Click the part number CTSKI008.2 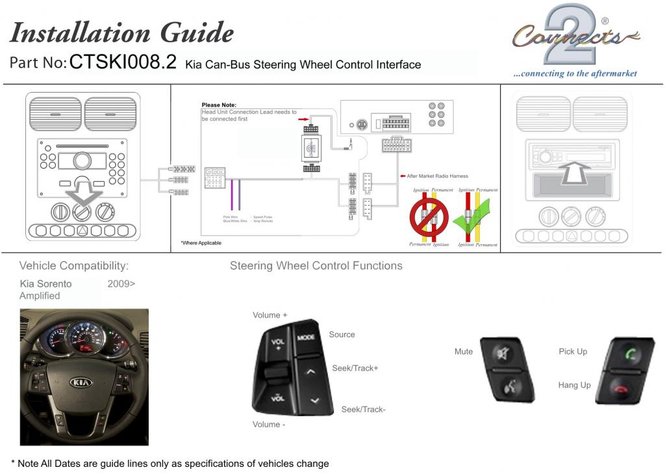point(123,62)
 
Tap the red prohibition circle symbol point(429,217)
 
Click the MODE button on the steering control point(306,338)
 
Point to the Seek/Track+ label point(355,368)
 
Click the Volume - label point(269,425)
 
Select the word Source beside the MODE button point(342,334)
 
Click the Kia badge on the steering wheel point(81,382)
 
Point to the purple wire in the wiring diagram point(232,194)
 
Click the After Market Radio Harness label point(437,176)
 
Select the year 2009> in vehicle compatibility point(121,284)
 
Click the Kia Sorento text point(46,284)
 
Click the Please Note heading point(219,105)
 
